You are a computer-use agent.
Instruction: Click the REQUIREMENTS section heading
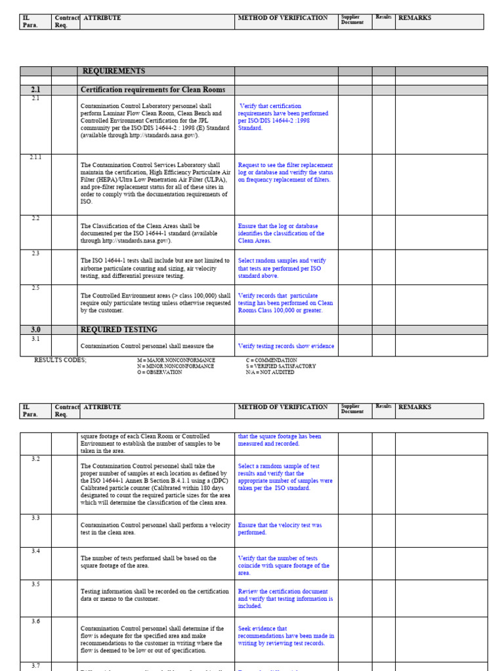pos(114,71)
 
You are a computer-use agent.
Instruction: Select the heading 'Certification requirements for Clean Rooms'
pos(152,90)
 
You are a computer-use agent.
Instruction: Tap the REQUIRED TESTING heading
pos(119,330)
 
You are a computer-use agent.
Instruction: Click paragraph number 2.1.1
pos(35,158)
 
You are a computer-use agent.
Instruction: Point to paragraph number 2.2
pos(35,218)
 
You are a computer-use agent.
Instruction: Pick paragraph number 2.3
pos(35,253)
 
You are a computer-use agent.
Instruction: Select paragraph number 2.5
pos(35,288)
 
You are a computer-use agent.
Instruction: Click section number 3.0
pos(35,330)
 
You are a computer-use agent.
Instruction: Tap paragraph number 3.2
pos(35,459)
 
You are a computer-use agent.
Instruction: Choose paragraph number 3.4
pos(35,551)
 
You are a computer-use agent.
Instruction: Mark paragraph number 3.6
pos(35,621)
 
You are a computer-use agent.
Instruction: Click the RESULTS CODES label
pos(60,360)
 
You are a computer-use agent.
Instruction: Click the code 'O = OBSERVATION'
pos(159,372)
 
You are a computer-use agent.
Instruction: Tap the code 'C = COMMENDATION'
pos(271,360)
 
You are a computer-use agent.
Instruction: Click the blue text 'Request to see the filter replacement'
pos(285,165)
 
